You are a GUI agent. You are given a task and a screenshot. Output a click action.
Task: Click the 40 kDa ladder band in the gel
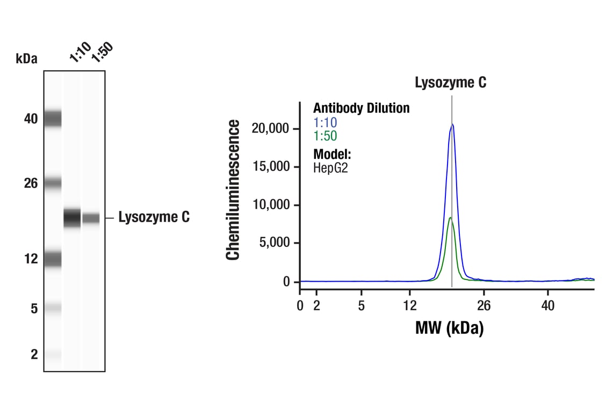coord(53,118)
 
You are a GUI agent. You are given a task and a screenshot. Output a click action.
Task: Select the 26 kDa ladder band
coord(53,183)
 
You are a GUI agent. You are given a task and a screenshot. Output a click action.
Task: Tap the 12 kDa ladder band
coord(53,260)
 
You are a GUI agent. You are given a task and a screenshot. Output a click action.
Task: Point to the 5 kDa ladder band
coord(53,308)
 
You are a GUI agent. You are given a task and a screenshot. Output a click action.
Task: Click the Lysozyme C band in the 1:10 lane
coord(72,218)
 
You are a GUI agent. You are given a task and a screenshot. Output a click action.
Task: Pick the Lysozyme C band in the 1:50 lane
coord(91,218)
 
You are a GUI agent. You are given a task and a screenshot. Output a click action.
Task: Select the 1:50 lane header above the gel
coord(102,53)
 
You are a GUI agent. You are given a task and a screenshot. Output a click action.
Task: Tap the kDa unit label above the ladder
coord(27,58)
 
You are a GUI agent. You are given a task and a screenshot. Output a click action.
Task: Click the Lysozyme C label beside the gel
coord(154,217)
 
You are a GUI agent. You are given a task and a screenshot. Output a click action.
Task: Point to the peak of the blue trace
coord(452,124)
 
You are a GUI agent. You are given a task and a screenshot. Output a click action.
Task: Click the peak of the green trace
coord(450,217)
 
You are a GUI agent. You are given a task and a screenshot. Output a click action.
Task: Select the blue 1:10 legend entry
coord(325,123)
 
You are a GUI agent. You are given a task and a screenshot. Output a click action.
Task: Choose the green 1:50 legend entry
coord(325,136)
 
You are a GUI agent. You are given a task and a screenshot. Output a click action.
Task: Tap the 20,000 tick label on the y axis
coord(271,129)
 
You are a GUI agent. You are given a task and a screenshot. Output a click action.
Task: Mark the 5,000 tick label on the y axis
coord(274,243)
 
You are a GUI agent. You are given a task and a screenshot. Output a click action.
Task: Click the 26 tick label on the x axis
coord(484,306)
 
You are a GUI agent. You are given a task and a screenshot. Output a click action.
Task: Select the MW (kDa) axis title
coord(449,328)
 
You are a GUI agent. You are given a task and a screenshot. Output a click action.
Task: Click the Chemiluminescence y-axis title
coord(233,190)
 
